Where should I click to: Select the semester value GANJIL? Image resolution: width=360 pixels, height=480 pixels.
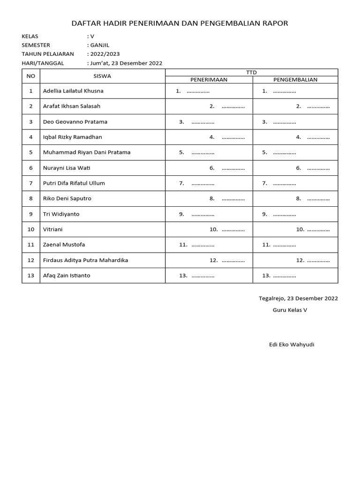(x=99, y=45)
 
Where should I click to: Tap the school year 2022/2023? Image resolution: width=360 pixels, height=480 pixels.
(x=105, y=54)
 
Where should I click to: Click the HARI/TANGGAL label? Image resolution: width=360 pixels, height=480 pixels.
(x=43, y=63)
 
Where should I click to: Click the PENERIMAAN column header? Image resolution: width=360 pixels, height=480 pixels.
(x=209, y=80)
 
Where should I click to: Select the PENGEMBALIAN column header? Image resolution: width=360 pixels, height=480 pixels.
(x=295, y=80)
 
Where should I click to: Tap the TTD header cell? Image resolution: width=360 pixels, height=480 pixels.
(x=252, y=72)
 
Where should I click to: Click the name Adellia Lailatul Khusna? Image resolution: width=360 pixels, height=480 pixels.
(x=73, y=91)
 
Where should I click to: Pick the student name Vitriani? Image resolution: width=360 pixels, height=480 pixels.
(x=52, y=230)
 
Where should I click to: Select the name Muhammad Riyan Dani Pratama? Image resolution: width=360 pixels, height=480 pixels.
(x=87, y=152)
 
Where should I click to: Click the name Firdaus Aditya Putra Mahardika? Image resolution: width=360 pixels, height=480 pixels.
(x=85, y=260)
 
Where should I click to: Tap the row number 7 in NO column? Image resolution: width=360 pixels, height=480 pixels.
(x=31, y=183)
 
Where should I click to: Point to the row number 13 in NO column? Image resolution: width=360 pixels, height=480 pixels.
(x=31, y=276)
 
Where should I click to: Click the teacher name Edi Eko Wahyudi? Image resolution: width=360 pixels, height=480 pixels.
(x=292, y=345)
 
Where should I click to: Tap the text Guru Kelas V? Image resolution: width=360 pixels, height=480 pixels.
(x=290, y=310)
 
